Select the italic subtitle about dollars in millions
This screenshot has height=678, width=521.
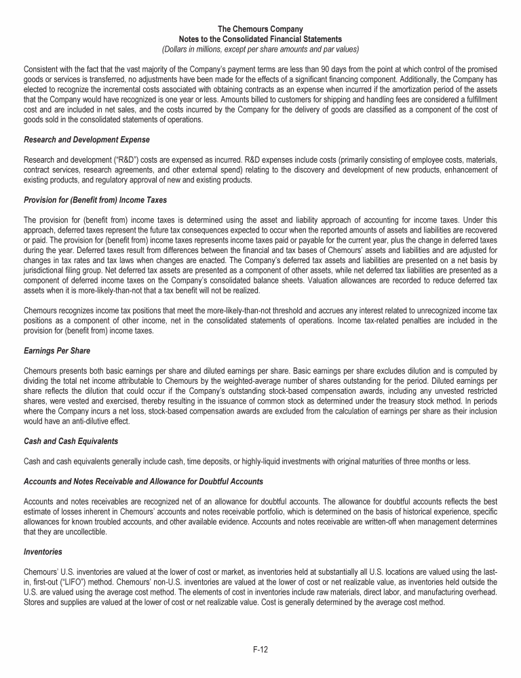click(260, 49)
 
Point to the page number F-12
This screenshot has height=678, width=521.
click(260, 650)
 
